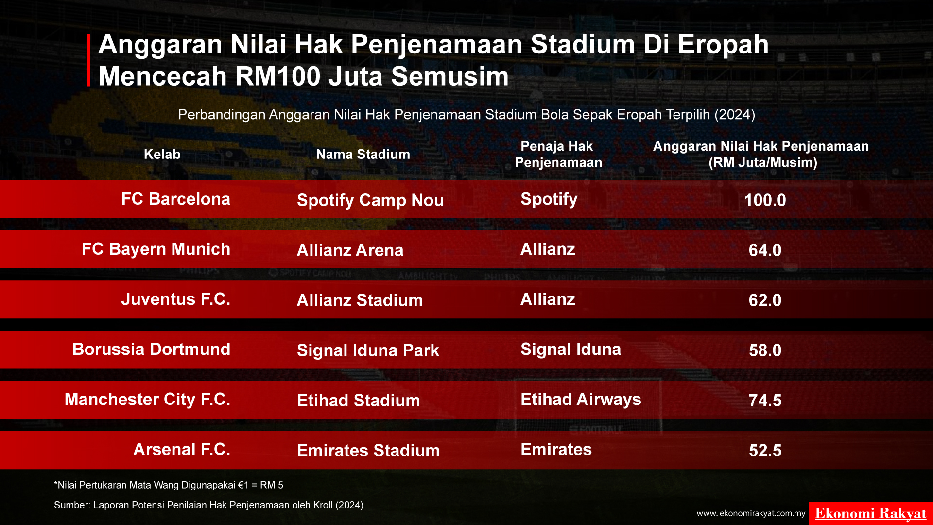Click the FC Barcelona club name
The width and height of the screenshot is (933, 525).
(x=175, y=199)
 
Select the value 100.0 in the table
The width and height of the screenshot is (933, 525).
(x=765, y=200)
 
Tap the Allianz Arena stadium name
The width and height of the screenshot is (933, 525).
(x=350, y=250)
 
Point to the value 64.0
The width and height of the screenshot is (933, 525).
(x=765, y=250)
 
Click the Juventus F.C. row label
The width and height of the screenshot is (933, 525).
(x=175, y=299)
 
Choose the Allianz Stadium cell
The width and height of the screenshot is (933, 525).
(x=360, y=300)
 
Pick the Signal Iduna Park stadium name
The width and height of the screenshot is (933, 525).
(x=368, y=350)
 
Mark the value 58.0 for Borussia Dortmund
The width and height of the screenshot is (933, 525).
(x=765, y=350)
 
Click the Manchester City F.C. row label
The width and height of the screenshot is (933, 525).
(x=147, y=400)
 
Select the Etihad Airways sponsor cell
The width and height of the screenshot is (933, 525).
(x=581, y=400)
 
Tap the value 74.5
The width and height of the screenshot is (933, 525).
(x=765, y=401)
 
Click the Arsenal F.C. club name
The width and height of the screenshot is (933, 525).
(x=182, y=450)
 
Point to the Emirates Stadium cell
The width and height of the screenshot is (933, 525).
(x=368, y=451)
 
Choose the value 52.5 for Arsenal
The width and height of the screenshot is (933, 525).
(x=765, y=451)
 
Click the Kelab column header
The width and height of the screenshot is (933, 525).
(x=162, y=155)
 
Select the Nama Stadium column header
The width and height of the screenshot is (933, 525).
(x=363, y=155)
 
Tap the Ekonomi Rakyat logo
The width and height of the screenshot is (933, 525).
(x=870, y=513)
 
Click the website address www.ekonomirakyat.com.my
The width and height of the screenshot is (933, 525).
(x=751, y=513)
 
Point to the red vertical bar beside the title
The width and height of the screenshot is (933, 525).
(x=88, y=60)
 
